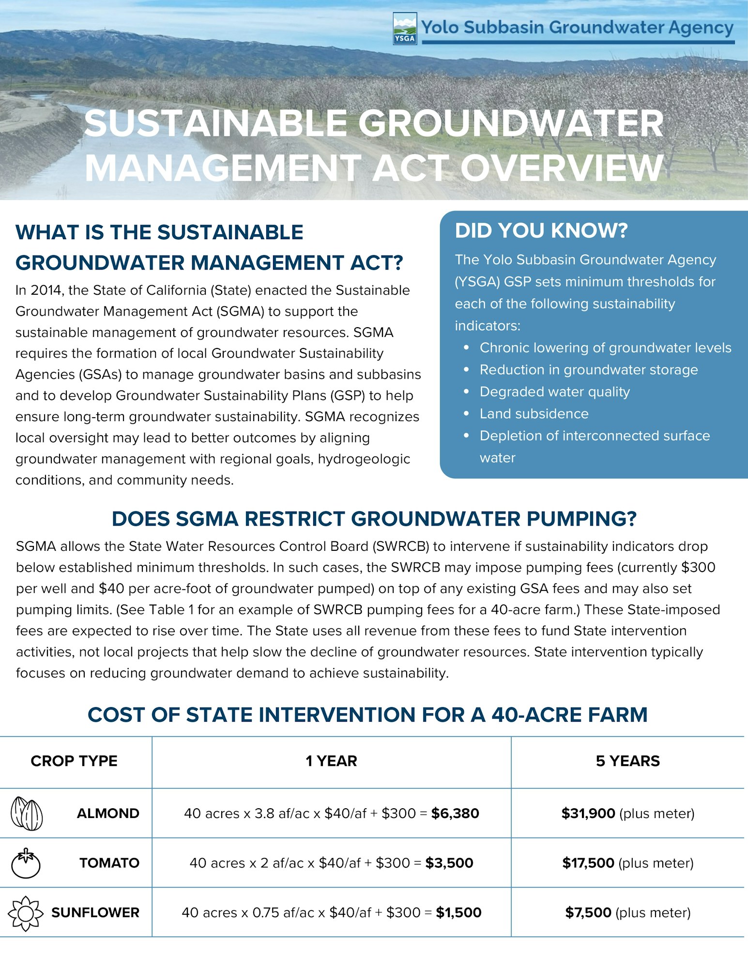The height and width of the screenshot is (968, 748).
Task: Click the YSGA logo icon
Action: pyautogui.click(x=405, y=29)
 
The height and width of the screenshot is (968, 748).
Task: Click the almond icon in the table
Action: pyautogui.click(x=27, y=813)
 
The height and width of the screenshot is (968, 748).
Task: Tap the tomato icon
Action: pyautogui.click(x=26, y=863)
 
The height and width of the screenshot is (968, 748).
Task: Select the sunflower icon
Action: pyautogui.click(x=26, y=913)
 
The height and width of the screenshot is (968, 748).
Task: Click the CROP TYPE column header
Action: pyautogui.click(x=74, y=761)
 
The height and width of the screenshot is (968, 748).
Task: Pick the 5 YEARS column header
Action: pyautogui.click(x=627, y=761)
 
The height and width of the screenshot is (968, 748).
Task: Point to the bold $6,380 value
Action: pyautogui.click(x=455, y=813)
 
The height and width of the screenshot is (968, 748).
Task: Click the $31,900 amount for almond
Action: pyautogui.click(x=588, y=813)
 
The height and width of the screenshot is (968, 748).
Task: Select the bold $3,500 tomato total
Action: pyautogui.click(x=449, y=863)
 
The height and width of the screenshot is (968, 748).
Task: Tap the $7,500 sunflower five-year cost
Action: pyautogui.click(x=588, y=913)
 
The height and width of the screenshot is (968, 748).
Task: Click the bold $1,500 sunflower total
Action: pyautogui.click(x=458, y=913)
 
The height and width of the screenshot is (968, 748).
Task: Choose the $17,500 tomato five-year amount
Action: pyautogui.click(x=588, y=863)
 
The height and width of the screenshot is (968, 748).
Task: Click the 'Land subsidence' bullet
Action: pyautogui.click(x=534, y=414)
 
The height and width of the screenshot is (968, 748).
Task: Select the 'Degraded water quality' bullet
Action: pyautogui.click(x=555, y=392)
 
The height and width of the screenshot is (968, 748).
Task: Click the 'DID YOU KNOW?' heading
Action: pyautogui.click(x=541, y=230)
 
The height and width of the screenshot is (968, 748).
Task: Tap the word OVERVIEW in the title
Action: pyautogui.click(x=562, y=168)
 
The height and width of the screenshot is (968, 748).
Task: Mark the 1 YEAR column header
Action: pyautogui.click(x=331, y=761)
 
